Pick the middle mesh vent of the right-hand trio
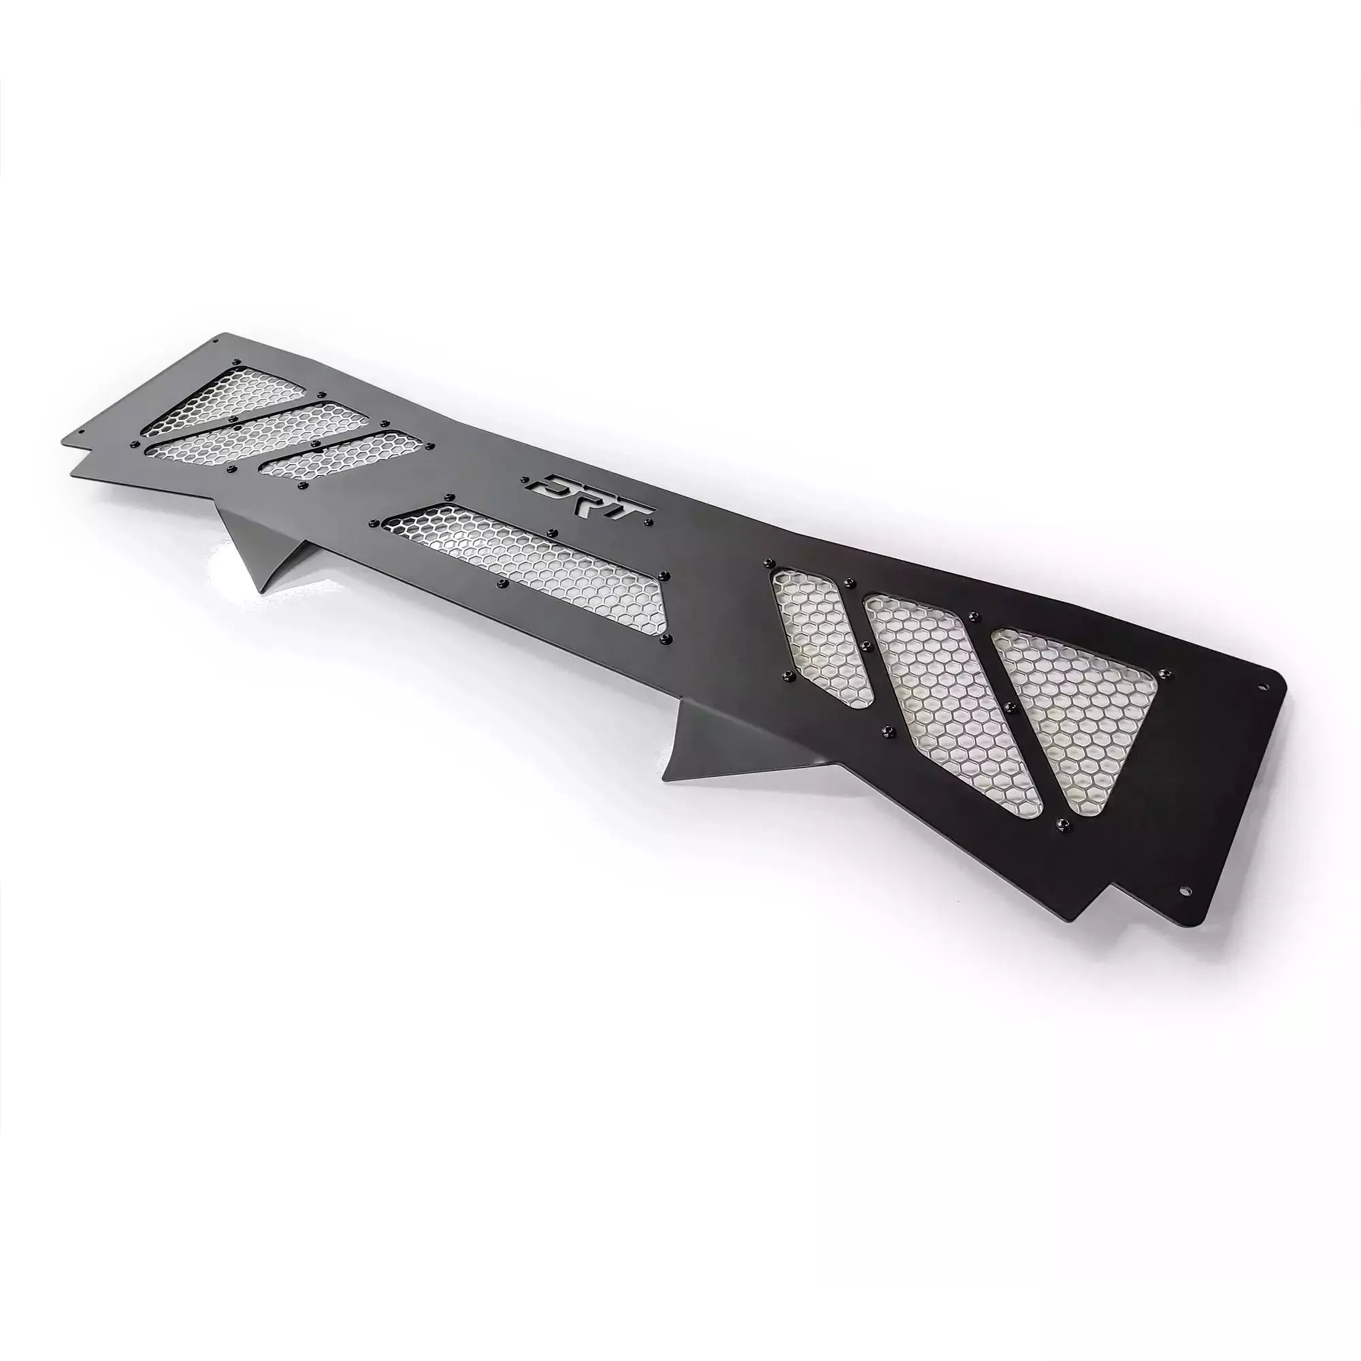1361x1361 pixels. click(x=951, y=690)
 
